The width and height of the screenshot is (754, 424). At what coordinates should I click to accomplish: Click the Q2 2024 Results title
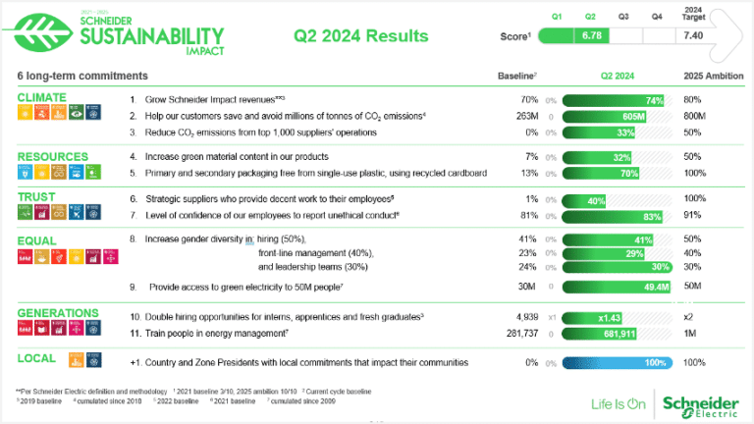coord(361,36)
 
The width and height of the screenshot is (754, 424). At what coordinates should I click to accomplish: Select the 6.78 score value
coord(591,35)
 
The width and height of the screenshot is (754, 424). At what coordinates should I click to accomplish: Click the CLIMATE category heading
coord(41,97)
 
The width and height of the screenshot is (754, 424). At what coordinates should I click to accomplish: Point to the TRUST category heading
coord(37,196)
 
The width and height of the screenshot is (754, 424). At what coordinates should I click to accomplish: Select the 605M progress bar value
coord(633,116)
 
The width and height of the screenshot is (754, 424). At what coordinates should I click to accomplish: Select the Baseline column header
coord(515,76)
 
